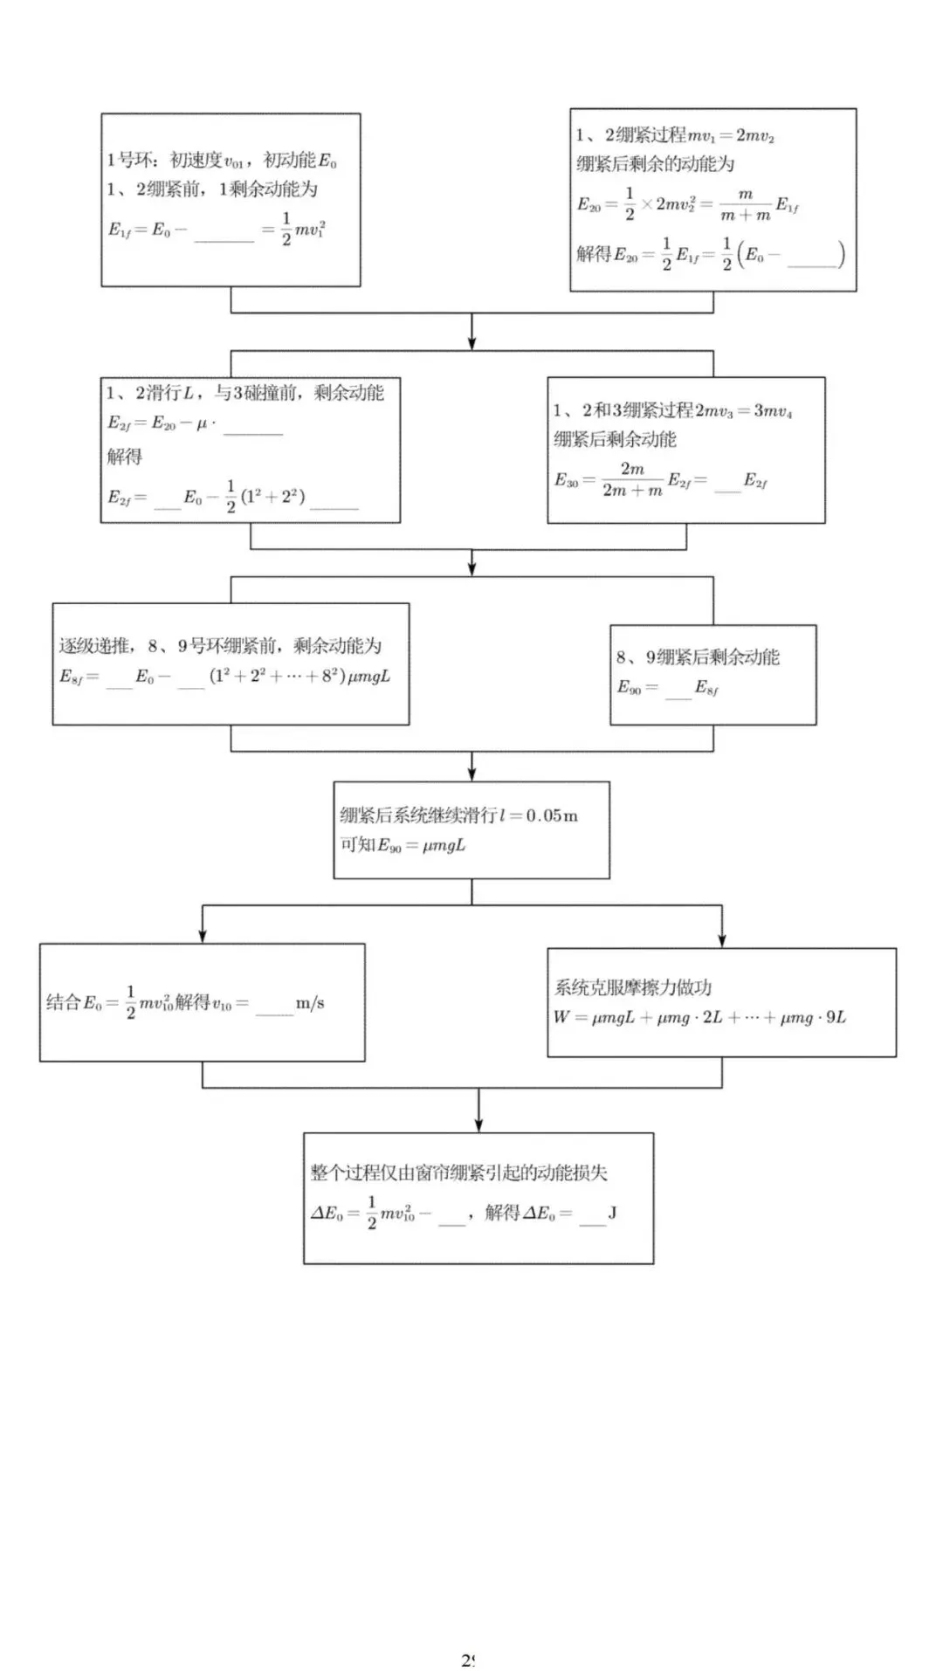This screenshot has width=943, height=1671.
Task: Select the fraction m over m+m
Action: [745, 205]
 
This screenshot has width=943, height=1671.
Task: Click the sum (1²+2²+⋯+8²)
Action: [277, 676]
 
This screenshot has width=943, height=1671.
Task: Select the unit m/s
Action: [310, 1004]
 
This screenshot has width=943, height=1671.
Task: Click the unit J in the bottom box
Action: [612, 1214]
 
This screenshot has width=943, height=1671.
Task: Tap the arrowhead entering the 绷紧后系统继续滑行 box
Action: [472, 773]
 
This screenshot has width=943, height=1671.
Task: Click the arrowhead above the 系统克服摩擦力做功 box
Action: [722, 939]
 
